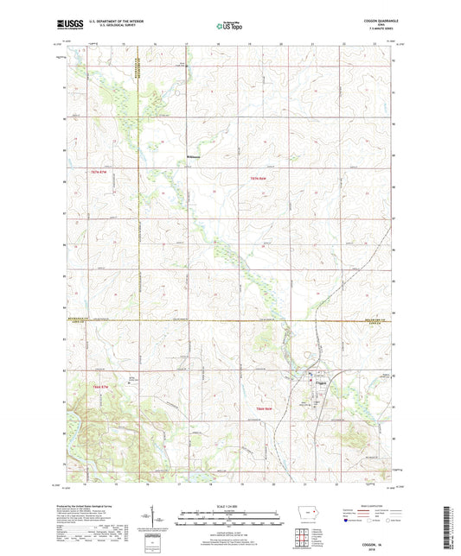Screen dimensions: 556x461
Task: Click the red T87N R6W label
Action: [248, 177]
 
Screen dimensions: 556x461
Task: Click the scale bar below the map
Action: [229, 519]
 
